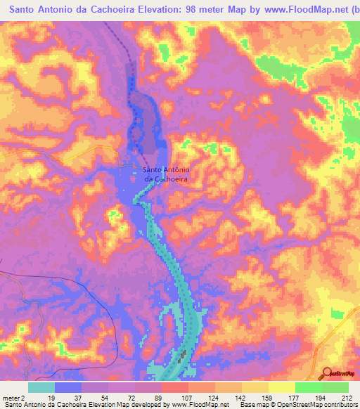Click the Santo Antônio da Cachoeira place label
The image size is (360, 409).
tap(168, 174)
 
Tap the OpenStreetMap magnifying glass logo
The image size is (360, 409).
tap(327, 373)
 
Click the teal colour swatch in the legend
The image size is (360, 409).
tap(41, 387)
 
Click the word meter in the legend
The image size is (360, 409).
tap(11, 398)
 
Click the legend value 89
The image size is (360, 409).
tap(159, 398)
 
